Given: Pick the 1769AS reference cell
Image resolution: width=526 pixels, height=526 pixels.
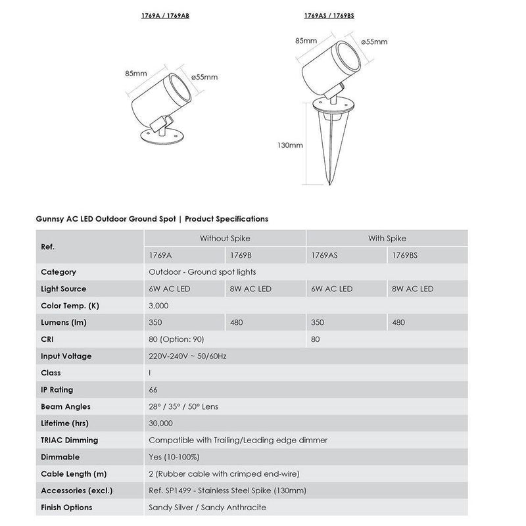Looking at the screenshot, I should [324, 254].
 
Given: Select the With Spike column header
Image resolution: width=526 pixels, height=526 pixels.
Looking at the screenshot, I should [386, 238].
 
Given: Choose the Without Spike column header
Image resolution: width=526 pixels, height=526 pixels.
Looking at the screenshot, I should [225, 238].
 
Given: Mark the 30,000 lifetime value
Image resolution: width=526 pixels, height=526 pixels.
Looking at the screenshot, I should [161, 424].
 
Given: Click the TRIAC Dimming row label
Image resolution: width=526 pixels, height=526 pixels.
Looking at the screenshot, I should [70, 441].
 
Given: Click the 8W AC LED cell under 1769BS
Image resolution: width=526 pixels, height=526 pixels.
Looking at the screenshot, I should [412, 289].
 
